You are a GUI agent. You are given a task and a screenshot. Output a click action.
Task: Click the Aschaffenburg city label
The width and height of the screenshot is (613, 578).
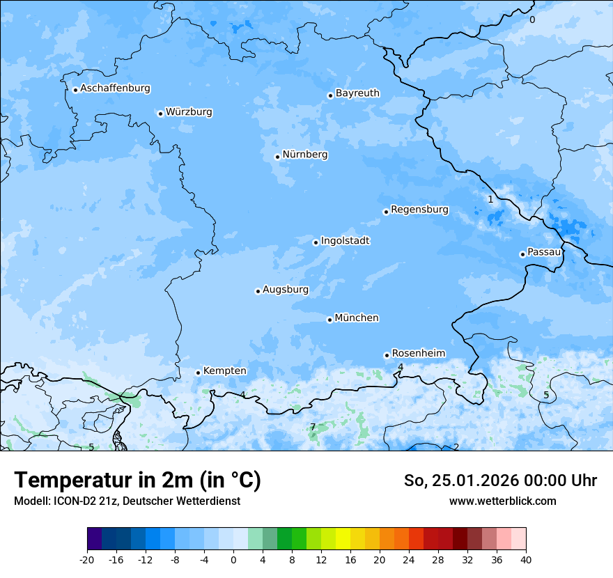[x=115, y=88]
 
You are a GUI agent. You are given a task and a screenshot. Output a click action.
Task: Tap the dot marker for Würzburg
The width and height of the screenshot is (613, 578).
[x=160, y=114]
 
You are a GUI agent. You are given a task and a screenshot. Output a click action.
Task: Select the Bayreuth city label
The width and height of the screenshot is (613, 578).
[x=357, y=93]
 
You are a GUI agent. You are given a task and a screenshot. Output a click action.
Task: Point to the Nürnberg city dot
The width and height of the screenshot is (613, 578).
[x=277, y=157]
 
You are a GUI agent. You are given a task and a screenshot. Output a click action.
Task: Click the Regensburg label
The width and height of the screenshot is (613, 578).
[x=419, y=210]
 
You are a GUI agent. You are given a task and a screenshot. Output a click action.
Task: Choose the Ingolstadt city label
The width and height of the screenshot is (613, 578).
[x=345, y=241]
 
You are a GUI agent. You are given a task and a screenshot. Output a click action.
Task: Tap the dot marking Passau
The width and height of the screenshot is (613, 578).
[x=522, y=254]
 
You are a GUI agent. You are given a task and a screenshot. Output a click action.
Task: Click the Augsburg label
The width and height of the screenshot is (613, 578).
[x=286, y=290]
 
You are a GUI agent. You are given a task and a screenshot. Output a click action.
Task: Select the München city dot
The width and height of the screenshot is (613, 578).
[x=329, y=320]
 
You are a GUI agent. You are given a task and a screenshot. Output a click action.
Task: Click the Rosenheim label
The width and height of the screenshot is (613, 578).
[x=418, y=354]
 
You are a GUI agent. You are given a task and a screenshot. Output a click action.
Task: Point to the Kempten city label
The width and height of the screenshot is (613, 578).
[x=224, y=371]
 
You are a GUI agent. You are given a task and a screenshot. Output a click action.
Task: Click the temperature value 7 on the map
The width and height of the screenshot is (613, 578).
[x=313, y=427]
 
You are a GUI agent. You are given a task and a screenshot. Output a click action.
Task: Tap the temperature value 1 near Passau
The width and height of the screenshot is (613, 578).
[x=490, y=199]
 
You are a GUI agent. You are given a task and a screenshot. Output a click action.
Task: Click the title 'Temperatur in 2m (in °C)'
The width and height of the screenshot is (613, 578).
[x=137, y=481]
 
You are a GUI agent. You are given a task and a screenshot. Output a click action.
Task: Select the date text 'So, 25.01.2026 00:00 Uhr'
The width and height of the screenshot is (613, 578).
[x=500, y=481]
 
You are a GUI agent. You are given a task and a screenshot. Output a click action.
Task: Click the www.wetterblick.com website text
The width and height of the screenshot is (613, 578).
[x=502, y=501]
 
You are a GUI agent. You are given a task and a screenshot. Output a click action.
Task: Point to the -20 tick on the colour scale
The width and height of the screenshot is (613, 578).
[x=87, y=560]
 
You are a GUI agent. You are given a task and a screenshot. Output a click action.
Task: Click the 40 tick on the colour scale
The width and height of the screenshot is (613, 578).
[x=525, y=560]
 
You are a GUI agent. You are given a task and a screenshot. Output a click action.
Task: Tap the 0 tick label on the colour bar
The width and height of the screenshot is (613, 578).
[x=233, y=560]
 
